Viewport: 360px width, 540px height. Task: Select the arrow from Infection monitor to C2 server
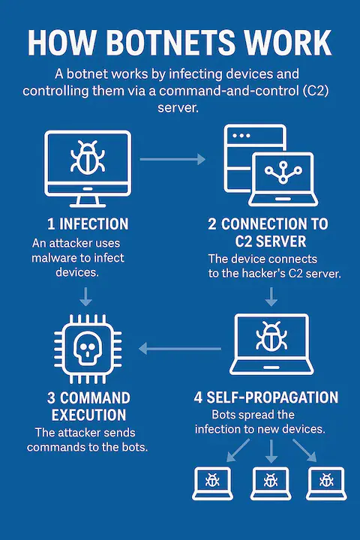pos(172,159)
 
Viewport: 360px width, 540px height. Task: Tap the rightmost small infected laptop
pos(324,483)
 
